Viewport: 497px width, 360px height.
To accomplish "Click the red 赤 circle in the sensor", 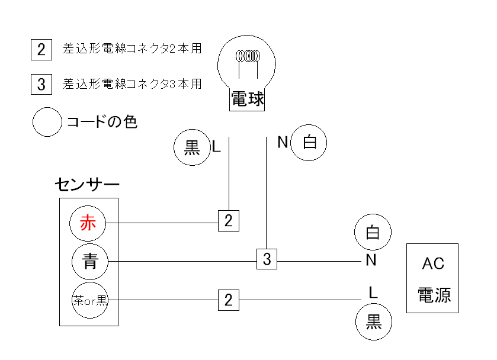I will click(87, 223).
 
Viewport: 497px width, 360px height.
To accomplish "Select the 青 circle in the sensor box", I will click(89, 261).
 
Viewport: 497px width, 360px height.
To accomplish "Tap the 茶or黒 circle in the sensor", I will click(89, 300).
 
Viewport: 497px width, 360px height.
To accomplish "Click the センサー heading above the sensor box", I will click(86, 185).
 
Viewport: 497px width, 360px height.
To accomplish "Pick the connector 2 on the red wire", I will click(228, 221).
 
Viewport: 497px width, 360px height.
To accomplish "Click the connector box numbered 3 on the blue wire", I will click(267, 259).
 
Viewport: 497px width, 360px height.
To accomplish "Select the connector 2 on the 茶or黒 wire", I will click(228, 300).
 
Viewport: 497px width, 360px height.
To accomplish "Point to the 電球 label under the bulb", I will click(247, 99).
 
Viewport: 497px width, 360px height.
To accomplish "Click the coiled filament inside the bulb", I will click(247, 57).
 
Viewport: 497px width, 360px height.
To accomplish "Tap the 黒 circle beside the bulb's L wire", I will click(192, 147).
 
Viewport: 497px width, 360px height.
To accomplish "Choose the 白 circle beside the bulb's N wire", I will click(309, 143).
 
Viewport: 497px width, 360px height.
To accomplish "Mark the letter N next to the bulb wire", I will click(283, 142).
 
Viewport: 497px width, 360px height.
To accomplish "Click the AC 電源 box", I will click(432, 278).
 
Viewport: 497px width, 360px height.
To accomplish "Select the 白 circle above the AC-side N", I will click(373, 233).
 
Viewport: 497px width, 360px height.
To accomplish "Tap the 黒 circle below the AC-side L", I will click(374, 322).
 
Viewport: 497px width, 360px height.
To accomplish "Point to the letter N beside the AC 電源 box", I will click(371, 260).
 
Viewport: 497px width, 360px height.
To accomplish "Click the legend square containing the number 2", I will click(40, 49).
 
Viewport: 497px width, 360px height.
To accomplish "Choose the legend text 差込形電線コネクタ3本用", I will click(132, 84).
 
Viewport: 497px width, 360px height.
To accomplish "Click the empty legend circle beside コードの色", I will click(47, 122).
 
